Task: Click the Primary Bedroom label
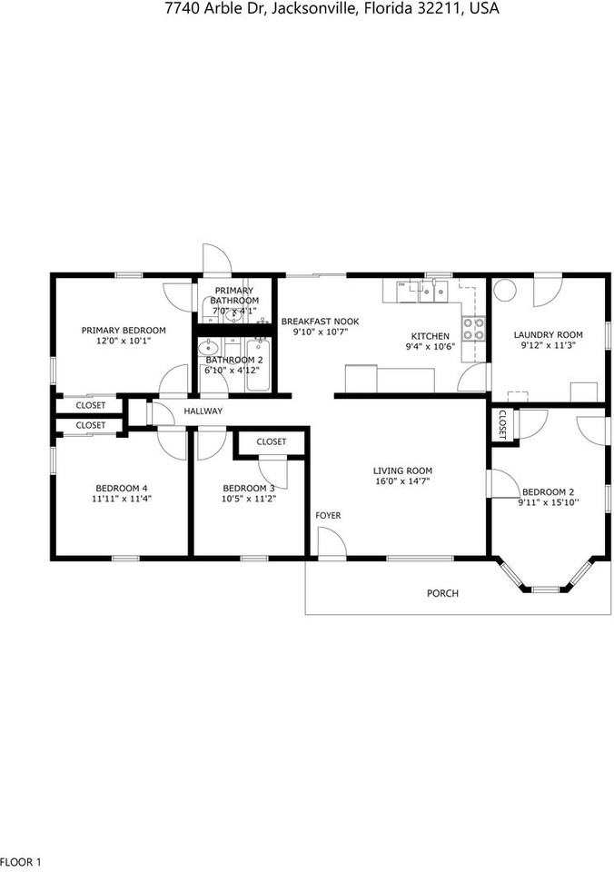click(124, 330)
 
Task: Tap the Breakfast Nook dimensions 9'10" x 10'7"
click(319, 332)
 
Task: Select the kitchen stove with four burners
click(473, 328)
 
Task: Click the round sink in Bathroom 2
click(209, 347)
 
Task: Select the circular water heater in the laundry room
click(505, 290)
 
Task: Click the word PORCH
click(442, 593)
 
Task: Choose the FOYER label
click(328, 516)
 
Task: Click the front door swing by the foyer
click(332, 542)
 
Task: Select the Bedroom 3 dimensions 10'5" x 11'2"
click(248, 499)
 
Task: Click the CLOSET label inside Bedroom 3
click(271, 442)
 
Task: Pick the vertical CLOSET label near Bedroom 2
click(500, 425)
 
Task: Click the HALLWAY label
click(203, 411)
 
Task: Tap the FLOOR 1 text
click(21, 861)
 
